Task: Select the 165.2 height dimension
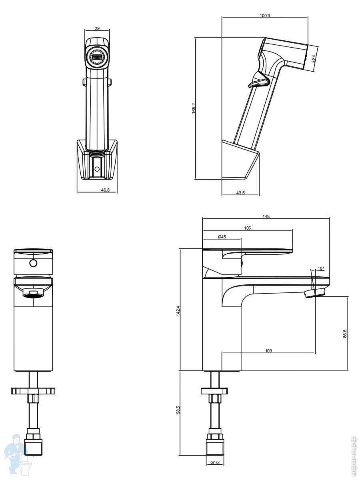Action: (194, 108)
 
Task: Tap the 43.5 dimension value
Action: (240, 193)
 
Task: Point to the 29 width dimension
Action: (97, 28)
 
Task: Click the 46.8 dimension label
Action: (105, 190)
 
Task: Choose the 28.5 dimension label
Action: (314, 58)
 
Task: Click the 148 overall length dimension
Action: (266, 216)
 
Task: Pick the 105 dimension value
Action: (247, 228)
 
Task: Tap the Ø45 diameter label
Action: (222, 237)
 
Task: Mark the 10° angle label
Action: (320, 268)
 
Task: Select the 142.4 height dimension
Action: (178, 310)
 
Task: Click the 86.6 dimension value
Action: (345, 334)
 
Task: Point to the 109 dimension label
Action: (268, 351)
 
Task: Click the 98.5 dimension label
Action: (178, 410)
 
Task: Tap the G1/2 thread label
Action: (215, 463)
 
